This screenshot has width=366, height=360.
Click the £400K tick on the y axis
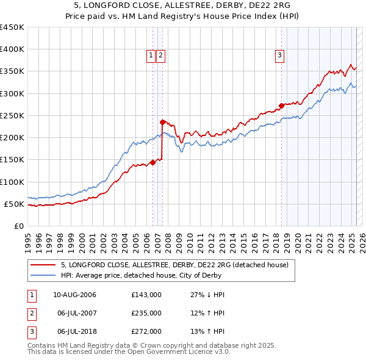(12, 49)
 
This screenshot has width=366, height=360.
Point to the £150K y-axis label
(12, 160)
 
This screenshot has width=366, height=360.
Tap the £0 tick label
(18, 226)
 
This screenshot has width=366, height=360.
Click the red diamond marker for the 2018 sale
(281, 106)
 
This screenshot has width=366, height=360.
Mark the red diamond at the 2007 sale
(162, 122)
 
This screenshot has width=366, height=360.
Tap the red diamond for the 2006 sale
(152, 162)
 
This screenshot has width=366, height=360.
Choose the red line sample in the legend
(43, 265)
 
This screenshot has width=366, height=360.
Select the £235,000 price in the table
(146, 313)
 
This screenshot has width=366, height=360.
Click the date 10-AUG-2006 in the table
(74, 295)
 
